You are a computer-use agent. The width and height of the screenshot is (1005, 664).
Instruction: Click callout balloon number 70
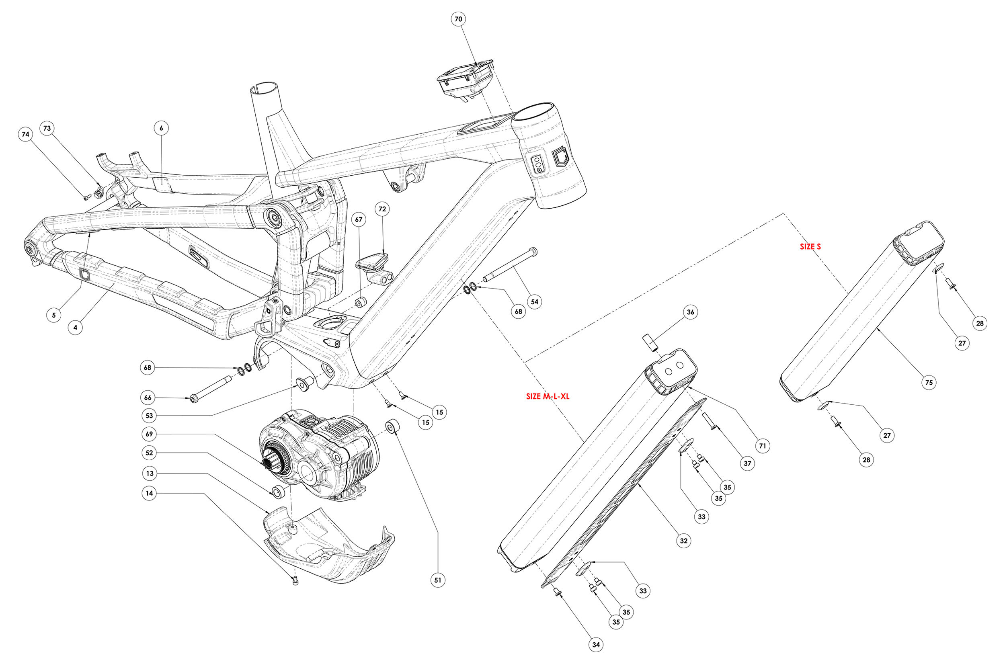pos(459,19)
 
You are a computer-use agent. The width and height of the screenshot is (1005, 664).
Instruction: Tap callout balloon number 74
pos(26,134)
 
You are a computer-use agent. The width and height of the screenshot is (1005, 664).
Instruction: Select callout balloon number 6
pos(161,128)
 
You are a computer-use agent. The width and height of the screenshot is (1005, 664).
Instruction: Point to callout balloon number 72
pos(382,209)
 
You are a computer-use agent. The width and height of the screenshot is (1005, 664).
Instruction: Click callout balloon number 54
pos(535,301)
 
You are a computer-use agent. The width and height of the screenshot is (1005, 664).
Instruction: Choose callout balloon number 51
pos(438,580)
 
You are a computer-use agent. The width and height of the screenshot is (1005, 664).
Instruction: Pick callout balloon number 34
pos(596,645)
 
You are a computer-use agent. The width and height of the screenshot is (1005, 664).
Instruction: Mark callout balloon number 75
pos(929,382)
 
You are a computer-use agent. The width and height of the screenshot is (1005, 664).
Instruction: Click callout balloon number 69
pos(149,434)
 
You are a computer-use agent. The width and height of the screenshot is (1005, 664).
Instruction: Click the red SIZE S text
pos(810,247)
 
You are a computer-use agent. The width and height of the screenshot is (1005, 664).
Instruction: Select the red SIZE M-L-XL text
pos(548,397)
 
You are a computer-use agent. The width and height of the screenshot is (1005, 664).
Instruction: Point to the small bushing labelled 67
pos(361,303)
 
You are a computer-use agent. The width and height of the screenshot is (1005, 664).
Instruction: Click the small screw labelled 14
pos(295,582)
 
